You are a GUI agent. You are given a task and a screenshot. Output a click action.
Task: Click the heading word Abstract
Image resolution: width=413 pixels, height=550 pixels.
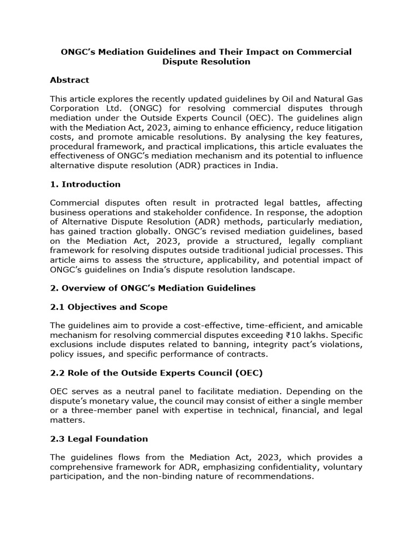pos(69,80)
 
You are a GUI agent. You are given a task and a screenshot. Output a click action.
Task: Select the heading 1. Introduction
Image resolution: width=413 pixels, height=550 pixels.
pos(85,184)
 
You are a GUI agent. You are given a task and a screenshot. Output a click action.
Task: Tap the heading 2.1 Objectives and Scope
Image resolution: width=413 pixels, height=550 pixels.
pos(109,307)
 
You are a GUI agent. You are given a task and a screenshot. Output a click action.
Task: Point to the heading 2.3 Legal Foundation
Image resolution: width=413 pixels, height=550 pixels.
pos(99,439)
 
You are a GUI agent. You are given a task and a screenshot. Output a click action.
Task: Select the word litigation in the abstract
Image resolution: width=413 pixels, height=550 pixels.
pos(340,127)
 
